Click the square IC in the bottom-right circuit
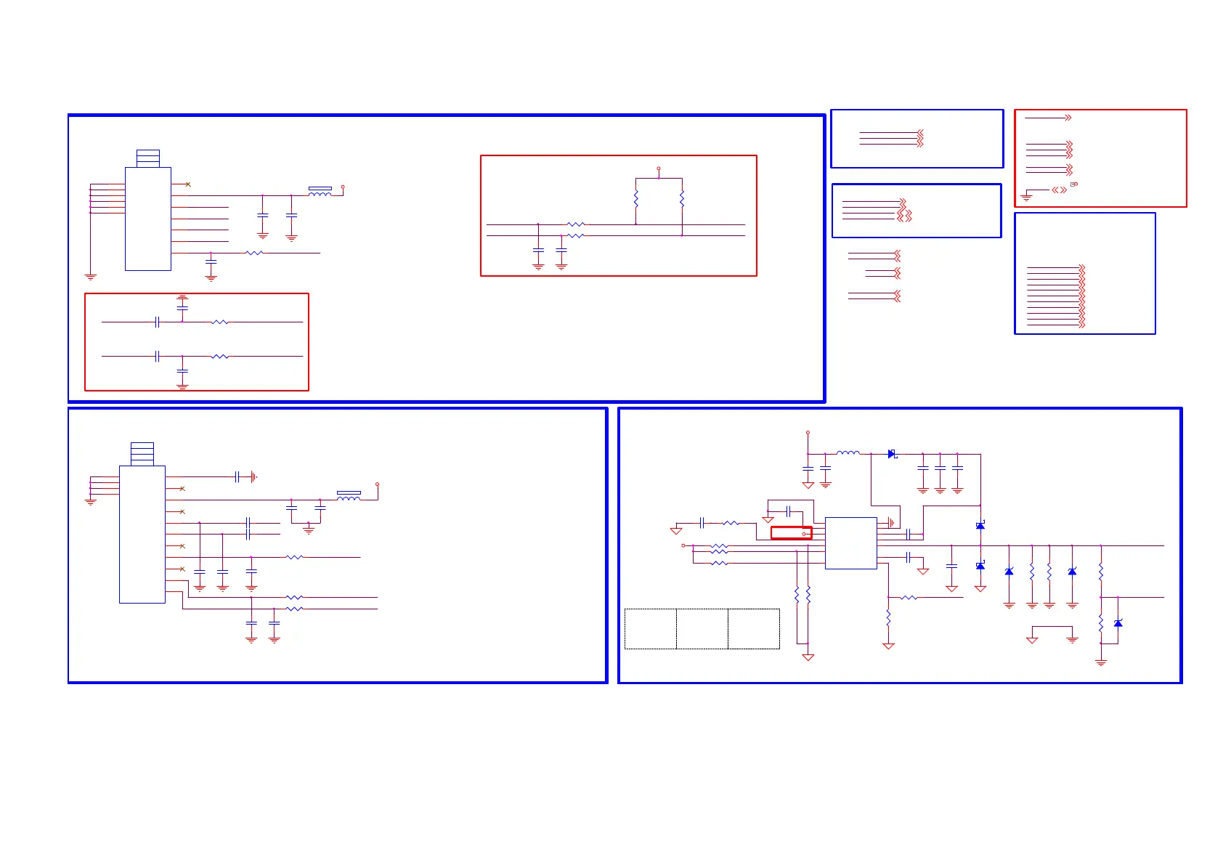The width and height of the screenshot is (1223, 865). pos(850,543)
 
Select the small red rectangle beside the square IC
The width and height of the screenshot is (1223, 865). pos(791,533)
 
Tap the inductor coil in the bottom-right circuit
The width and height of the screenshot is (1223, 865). pos(848,453)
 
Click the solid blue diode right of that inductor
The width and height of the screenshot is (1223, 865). pos(892,454)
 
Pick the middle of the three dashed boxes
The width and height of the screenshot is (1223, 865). pos(702,628)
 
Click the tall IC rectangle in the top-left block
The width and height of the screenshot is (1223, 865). pos(148,219)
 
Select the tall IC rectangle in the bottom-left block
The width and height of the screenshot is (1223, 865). pos(142,534)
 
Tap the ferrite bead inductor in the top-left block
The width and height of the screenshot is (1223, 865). pos(320,192)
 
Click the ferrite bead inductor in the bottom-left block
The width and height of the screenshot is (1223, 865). pos(349,496)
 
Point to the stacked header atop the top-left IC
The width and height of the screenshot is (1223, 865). pos(148,158)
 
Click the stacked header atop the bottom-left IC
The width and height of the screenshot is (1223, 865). pos(142,454)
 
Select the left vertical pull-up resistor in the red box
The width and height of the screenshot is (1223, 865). pos(635,198)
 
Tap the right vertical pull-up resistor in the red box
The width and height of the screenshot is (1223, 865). pos(682,198)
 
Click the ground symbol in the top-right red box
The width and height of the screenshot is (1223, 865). pos(1026,195)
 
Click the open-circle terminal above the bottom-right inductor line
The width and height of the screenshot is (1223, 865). pos(808,433)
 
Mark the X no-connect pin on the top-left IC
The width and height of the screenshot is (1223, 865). pos(188,184)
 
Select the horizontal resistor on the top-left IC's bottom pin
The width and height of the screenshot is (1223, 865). pos(254,253)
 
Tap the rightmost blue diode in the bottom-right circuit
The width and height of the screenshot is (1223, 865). pos(1118,623)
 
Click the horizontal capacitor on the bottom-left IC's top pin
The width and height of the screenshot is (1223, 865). pos(237,477)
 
